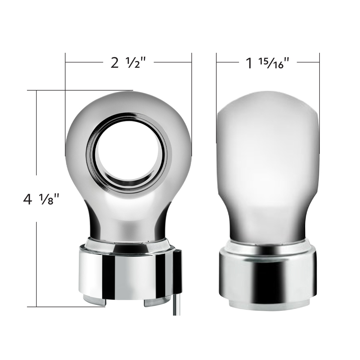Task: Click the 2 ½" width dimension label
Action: pyautogui.click(x=128, y=63)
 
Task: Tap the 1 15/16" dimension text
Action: pyautogui.click(x=265, y=63)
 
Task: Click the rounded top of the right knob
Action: pyautogui.click(x=267, y=102)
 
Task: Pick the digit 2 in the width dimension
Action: pyautogui.click(x=114, y=63)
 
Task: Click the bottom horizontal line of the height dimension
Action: pyautogui.click(x=66, y=306)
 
